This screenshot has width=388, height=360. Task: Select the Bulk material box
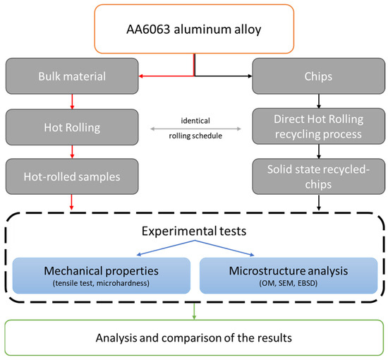70,75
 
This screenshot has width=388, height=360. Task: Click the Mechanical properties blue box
101,275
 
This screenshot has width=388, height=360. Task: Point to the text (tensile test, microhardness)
101,284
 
